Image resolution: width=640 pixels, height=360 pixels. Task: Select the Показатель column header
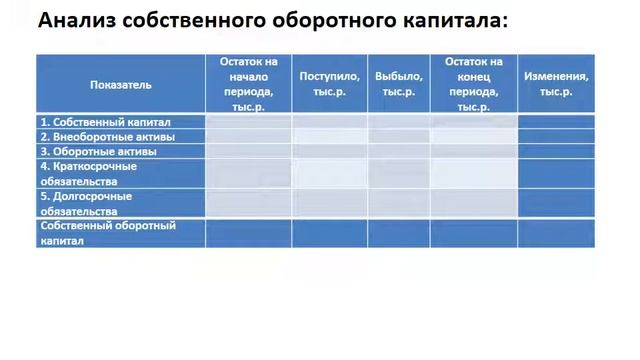119,84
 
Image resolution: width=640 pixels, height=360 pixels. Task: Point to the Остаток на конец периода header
473,84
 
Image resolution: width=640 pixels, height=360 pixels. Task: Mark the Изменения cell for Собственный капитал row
555,122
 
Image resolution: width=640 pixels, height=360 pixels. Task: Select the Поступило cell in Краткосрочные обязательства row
329,173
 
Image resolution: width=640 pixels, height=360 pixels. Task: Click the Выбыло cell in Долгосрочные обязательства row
398,203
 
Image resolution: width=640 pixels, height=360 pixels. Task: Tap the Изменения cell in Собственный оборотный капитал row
555,232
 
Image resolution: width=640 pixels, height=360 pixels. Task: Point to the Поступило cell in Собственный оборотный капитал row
329,232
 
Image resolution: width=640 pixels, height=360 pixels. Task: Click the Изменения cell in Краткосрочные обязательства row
555,173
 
